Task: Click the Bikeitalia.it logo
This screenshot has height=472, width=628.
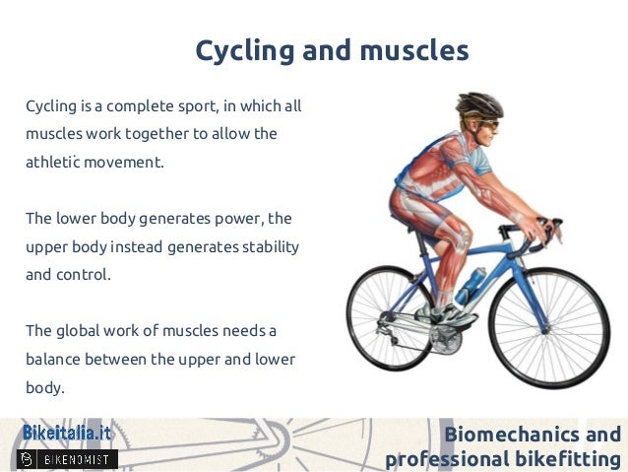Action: tap(67, 434)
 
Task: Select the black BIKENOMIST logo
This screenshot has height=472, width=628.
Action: tap(68, 458)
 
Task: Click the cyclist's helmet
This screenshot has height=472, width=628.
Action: tap(478, 105)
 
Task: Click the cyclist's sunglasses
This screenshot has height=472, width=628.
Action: tap(490, 126)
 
